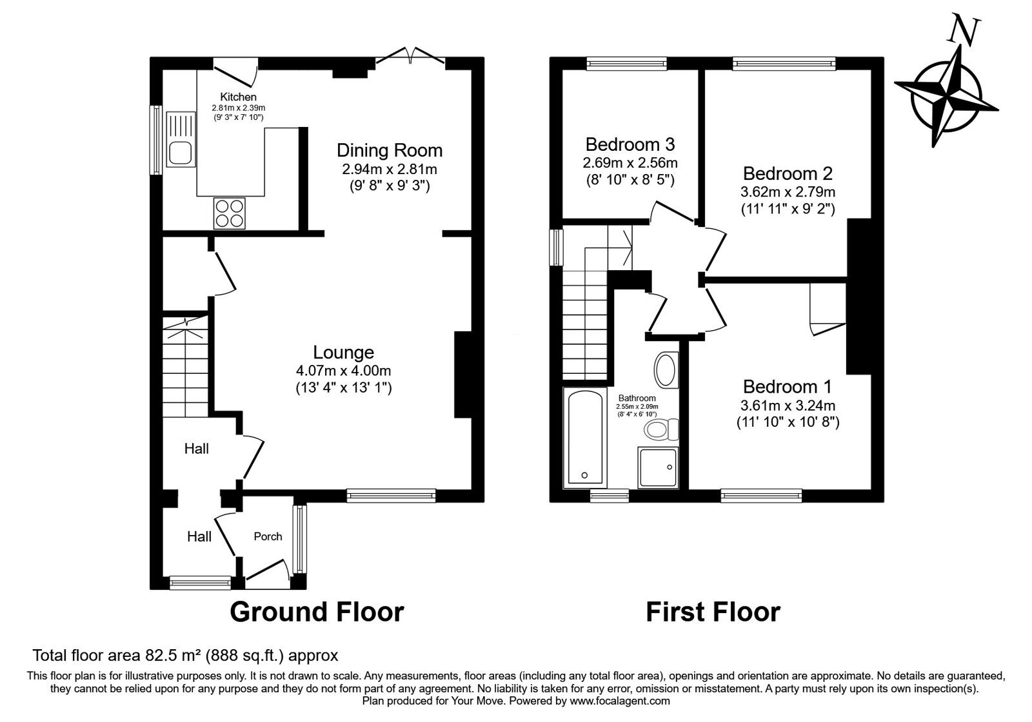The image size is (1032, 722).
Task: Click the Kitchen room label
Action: (238, 97)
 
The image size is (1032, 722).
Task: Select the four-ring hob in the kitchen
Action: (230, 213)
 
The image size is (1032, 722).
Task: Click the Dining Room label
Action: (390, 151)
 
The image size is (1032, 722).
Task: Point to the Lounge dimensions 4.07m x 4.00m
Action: (343, 371)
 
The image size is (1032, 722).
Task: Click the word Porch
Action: (268, 536)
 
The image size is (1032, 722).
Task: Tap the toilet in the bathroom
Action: (661, 429)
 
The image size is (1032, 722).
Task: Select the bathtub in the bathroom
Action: (585, 438)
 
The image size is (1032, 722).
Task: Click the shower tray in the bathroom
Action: (658, 467)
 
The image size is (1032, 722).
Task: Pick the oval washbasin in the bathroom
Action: (666, 369)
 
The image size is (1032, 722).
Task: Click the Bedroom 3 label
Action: (630, 144)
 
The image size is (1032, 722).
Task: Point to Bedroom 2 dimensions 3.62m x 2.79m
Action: (788, 191)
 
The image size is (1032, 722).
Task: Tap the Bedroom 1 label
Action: (787, 387)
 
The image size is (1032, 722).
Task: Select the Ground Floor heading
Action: (317, 611)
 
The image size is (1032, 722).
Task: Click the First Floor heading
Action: (713, 611)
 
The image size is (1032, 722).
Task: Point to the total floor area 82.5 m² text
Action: (185, 656)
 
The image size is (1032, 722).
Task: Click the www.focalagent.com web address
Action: (620, 701)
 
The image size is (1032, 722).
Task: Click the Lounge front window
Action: (391, 495)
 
